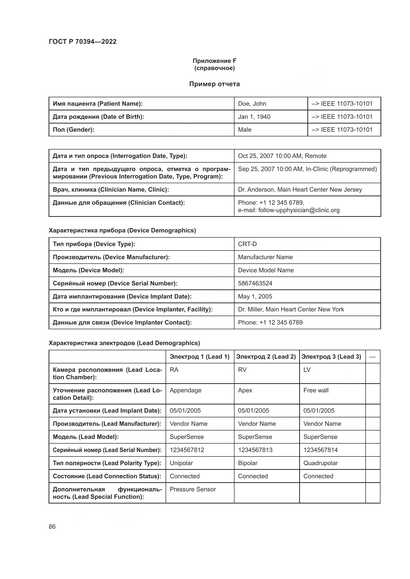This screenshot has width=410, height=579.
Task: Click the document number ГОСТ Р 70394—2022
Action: click(83, 42)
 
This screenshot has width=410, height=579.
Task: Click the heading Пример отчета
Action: click(214, 84)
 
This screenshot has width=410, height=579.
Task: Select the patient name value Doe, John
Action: click(252, 104)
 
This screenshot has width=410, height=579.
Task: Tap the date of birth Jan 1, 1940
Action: click(254, 117)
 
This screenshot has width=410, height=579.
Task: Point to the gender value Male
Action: click(245, 130)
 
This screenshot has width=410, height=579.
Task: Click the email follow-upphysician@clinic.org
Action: click(299, 210)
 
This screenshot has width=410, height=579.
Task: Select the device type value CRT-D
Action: click(247, 244)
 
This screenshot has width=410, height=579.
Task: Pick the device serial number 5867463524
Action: click(255, 283)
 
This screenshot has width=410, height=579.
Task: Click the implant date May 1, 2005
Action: click(255, 296)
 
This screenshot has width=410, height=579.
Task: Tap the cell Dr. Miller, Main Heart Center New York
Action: click(291, 309)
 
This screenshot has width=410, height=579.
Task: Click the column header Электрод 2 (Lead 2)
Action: click(266, 356)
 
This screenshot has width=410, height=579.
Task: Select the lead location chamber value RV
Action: click(242, 370)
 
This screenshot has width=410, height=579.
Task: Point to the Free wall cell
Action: click(316, 390)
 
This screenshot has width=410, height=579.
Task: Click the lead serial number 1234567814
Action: click(320, 450)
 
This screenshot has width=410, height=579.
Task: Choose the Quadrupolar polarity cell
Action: click(320, 463)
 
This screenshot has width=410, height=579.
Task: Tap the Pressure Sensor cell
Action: click(193, 489)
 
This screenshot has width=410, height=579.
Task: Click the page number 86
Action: click(52, 527)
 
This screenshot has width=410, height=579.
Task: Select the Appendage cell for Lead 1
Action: click(185, 390)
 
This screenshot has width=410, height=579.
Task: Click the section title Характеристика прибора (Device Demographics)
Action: click(122, 230)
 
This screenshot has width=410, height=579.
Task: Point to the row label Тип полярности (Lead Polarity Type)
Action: click(107, 463)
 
